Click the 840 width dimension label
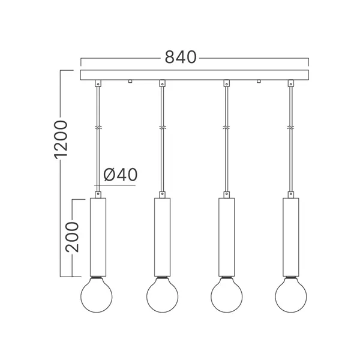tap(180, 58)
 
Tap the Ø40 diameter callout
tap(120, 175)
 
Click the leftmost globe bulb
tap(97, 294)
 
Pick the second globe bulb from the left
tap(162, 294)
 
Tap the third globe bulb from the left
tap(226, 294)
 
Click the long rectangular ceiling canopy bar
tap(194, 76)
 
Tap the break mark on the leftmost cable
tap(97, 128)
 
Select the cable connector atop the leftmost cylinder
tap(97, 194)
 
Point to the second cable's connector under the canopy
tap(162, 84)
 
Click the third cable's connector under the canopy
tap(226, 84)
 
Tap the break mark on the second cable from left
tap(162, 128)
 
